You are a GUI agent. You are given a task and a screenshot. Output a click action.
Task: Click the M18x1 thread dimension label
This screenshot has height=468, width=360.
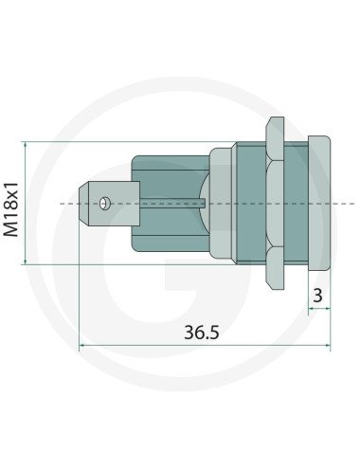(x=12, y=204)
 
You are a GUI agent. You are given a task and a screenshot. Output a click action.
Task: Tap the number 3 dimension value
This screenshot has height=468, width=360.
(x=317, y=296)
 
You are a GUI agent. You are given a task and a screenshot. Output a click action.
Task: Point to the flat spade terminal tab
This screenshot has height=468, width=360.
(x=112, y=203)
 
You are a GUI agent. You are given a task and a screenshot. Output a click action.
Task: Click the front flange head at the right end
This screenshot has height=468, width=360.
(x=319, y=202)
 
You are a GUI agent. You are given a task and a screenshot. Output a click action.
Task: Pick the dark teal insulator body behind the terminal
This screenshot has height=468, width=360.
(x=171, y=203)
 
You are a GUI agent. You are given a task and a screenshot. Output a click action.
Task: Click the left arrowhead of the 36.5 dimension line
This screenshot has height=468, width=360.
(x=83, y=347)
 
